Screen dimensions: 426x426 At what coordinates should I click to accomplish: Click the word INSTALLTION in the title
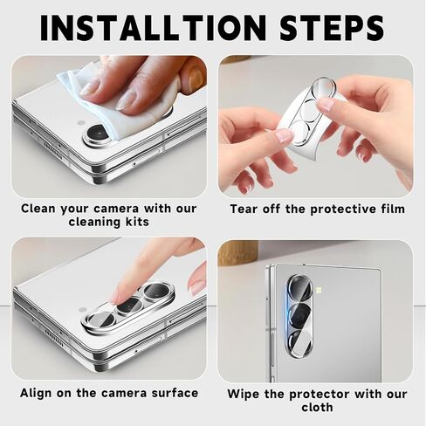(153, 28)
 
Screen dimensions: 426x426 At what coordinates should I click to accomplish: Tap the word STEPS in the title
(332, 28)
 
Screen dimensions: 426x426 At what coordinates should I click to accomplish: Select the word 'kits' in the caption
(138, 222)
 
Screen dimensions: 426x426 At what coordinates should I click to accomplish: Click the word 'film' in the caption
(393, 209)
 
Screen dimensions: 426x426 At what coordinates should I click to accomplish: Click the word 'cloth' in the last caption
(317, 407)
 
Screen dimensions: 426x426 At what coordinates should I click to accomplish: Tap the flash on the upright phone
(319, 290)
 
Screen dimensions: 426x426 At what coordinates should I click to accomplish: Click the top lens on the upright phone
(299, 288)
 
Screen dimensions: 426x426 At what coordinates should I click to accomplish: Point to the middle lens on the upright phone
(299, 316)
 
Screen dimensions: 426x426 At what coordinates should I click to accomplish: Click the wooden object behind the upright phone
(237, 252)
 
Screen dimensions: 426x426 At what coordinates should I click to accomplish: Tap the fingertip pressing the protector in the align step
(120, 297)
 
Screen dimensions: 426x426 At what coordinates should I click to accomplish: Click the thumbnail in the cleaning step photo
(196, 76)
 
